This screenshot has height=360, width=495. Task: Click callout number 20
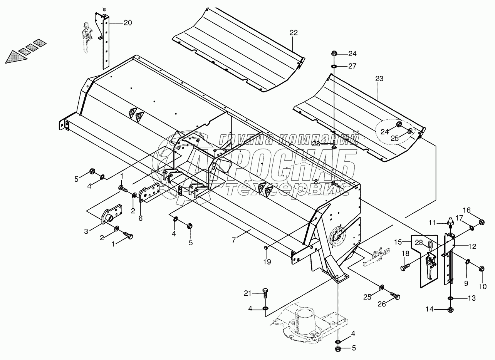coord(127,23)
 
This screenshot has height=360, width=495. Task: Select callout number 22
coord(294,33)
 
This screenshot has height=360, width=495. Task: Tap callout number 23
coord(379,79)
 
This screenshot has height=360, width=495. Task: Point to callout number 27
coord(352,66)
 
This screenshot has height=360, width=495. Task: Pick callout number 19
coord(267,262)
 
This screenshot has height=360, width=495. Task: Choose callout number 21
coord(248,293)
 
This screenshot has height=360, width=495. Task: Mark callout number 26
coord(382,304)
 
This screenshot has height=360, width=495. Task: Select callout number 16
coord(466,210)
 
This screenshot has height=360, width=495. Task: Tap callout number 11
coord(433,223)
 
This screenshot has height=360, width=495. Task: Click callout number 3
coord(86,231)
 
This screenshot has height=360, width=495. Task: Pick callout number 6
coord(141,218)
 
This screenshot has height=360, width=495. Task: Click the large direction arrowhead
coord(15,58)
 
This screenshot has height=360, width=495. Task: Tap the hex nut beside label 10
coord(482,269)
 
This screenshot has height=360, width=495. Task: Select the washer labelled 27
coord(334,67)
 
